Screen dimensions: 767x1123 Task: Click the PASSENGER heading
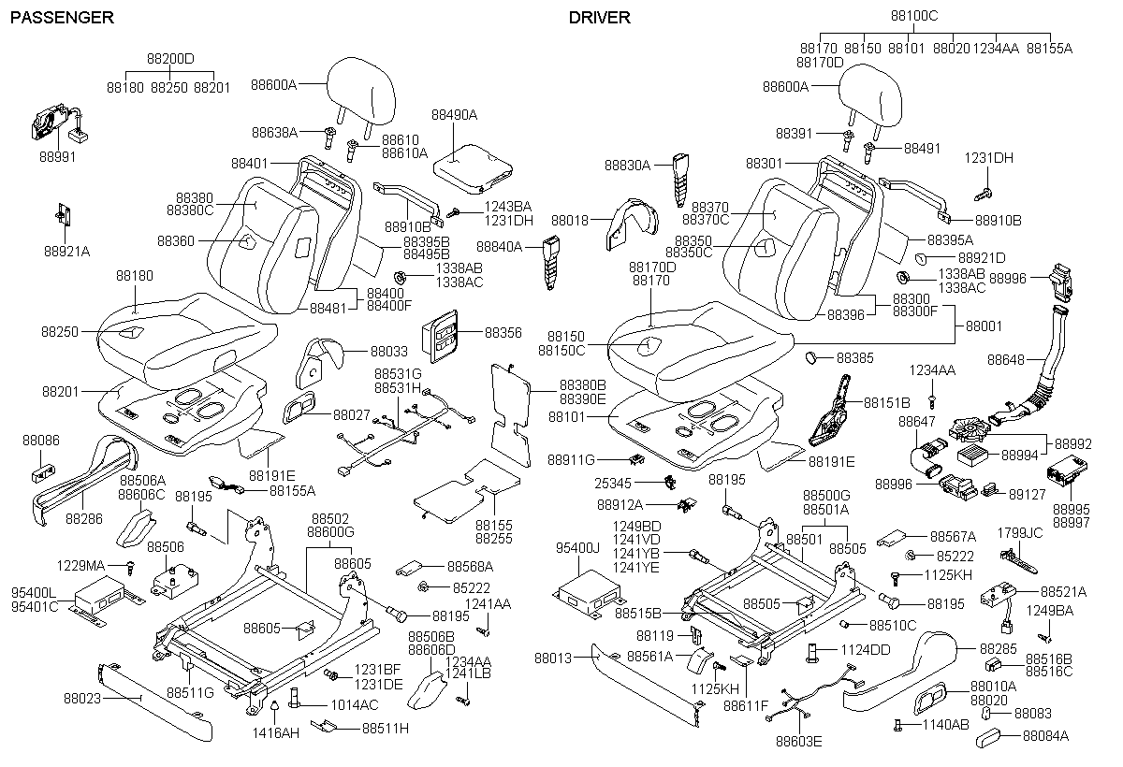62,18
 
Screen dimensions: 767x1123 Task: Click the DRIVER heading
600,18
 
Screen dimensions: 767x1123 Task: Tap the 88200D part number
169,58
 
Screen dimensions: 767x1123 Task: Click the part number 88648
1006,358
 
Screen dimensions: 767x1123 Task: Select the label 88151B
886,402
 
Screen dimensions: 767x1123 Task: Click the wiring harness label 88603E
798,743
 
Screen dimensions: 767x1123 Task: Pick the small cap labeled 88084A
1043,736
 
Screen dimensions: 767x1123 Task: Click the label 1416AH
276,732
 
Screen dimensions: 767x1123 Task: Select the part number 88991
57,156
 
